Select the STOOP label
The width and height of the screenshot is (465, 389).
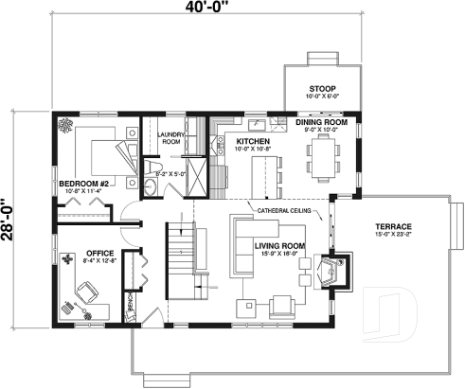coord(321,89)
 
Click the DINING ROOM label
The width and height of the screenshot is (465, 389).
coord(320,122)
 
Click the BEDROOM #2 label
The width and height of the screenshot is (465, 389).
coord(84,183)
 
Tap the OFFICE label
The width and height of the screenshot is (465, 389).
coord(99,253)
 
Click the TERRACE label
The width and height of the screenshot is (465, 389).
coord(392,227)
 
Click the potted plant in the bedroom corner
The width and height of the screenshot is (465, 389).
coord(65,126)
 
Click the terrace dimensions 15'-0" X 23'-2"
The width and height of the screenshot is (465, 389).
coord(392,237)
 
